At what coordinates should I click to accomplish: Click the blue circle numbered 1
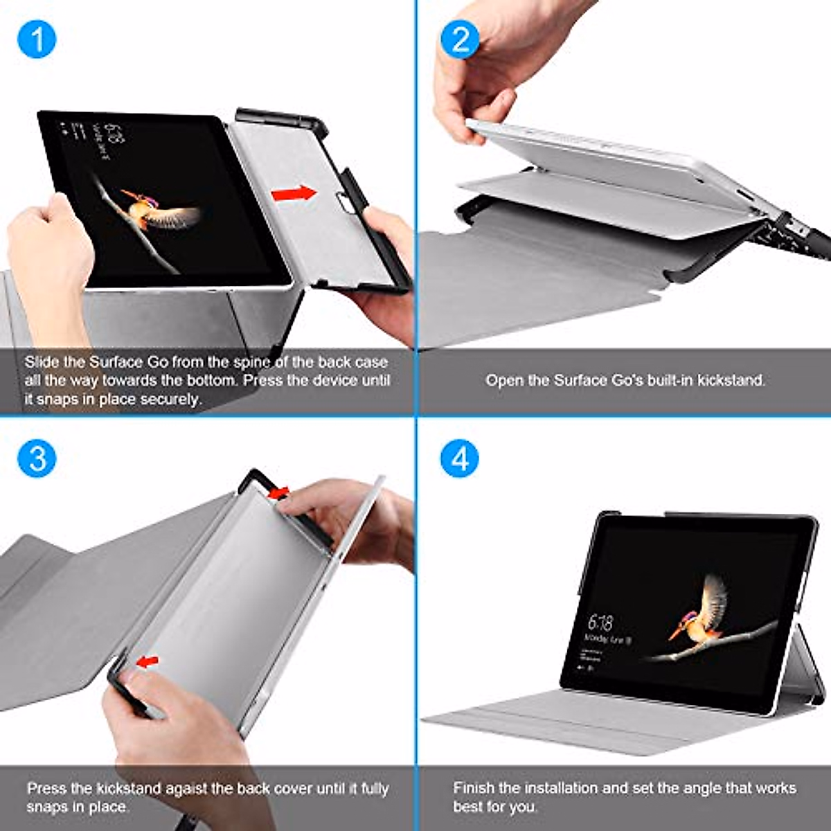point(37,39)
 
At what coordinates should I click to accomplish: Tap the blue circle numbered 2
point(460,39)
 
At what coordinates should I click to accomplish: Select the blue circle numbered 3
point(37,458)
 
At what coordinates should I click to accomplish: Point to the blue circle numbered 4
point(460,458)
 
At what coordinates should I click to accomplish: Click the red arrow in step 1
point(294,194)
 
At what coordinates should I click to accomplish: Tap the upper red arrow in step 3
point(278,492)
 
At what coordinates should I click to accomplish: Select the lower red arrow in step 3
point(147,663)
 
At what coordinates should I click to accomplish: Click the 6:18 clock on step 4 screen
point(600,620)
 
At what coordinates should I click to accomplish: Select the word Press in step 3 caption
point(46,789)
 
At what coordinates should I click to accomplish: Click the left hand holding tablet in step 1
point(48,256)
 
